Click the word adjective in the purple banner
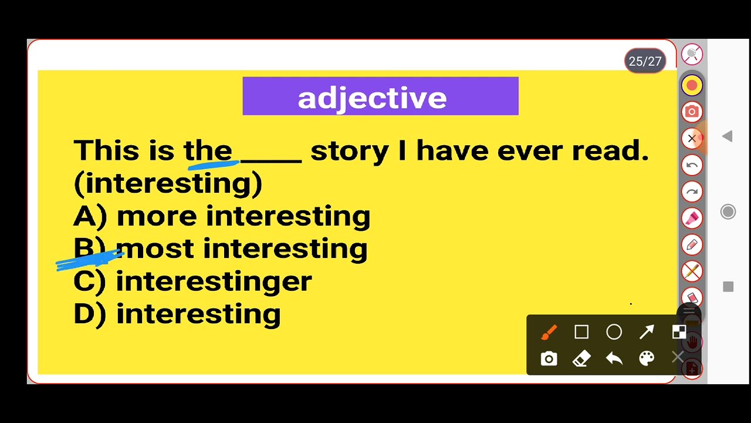coord(372,98)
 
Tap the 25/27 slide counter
coord(645,61)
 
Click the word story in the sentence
coord(349,151)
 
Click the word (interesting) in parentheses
coord(168,183)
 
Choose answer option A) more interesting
coord(222,216)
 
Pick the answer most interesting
coord(241,249)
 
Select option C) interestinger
coord(192,281)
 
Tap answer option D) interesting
coord(177,314)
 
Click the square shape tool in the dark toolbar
coord(581,333)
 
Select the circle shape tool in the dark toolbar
coord(614,333)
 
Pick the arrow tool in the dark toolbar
coord(647,333)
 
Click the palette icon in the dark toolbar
coord(647,358)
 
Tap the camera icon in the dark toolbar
coord(549,358)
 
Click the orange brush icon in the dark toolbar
coord(549,333)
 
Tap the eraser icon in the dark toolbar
coord(581,358)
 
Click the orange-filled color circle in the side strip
coord(692,86)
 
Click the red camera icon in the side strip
coord(692,112)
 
